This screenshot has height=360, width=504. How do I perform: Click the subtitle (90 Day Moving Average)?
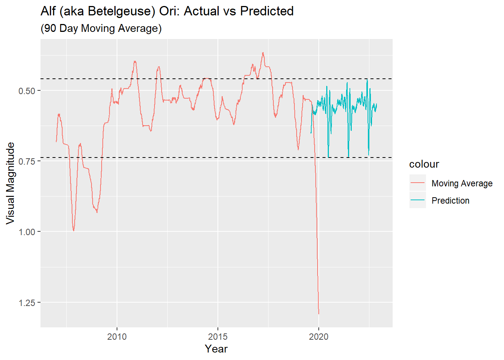coord(101,28)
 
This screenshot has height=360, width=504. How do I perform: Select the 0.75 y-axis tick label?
coord(27,162)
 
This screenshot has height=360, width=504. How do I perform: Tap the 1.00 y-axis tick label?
coord(27,232)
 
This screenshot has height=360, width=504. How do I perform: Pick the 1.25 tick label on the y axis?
coord(27,303)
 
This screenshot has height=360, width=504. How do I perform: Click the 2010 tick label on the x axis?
coord(117,337)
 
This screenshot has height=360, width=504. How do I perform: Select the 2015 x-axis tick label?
coord(218,337)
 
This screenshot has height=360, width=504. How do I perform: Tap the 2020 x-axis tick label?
coord(319,337)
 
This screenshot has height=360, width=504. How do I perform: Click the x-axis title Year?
coord(216,349)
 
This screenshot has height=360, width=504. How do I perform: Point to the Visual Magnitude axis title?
coord(10,183)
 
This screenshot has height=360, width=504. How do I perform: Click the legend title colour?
coord(424,164)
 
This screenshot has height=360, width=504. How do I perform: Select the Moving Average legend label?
coord(462,183)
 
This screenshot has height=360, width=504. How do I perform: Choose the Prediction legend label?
coord(450,201)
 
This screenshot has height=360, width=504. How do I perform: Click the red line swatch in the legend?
coord(417,183)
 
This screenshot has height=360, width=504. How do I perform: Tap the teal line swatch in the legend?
coord(417,200)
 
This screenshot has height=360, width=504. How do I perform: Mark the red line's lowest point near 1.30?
coord(319,313)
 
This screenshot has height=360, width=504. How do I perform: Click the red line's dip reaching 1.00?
coord(73,231)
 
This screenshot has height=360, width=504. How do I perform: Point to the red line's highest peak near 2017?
coord(263,53)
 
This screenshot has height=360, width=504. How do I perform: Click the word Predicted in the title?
coord(267,12)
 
